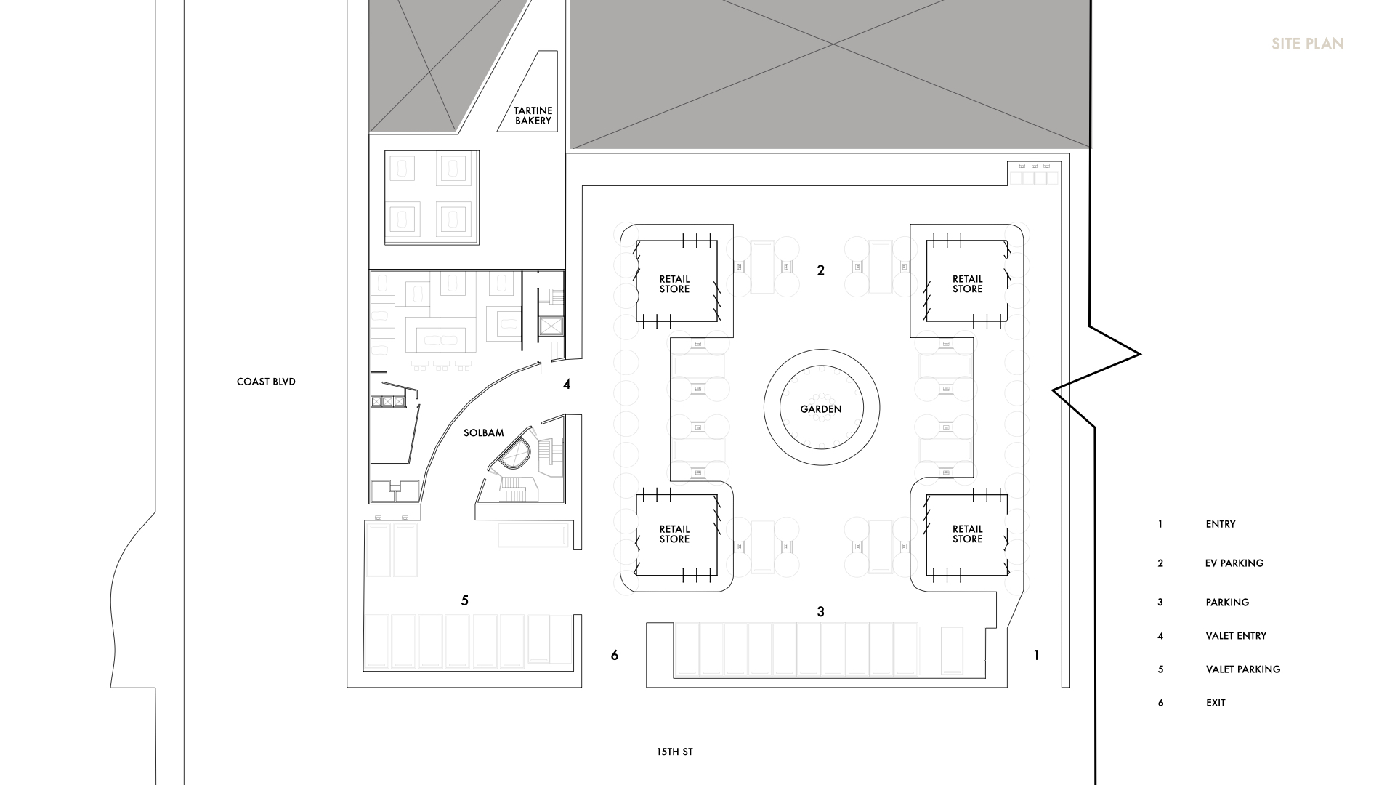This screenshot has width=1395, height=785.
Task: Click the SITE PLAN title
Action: [x=1307, y=44]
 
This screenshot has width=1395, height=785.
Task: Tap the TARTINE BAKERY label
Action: [x=533, y=116]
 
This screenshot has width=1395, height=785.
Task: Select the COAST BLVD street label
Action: [x=266, y=382]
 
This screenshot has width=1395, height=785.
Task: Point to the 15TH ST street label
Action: [x=674, y=752]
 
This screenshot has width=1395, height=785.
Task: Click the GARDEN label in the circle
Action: [x=821, y=409]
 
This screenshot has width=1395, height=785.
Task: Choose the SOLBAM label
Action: [x=483, y=433]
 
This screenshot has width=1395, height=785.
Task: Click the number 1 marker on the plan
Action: [x=1036, y=656]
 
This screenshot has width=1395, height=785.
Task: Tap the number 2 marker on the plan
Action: [x=821, y=270]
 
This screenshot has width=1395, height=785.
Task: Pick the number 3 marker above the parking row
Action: [x=821, y=612]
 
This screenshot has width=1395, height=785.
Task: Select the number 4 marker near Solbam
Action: [x=567, y=385]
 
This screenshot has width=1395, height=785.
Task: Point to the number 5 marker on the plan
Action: [x=465, y=600]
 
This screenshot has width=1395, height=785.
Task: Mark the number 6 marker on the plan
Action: [x=615, y=656]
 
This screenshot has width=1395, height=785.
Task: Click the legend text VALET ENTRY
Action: [x=1236, y=636]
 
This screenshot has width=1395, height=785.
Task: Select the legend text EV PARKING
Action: [x=1234, y=563]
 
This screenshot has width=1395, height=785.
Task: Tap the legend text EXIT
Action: [x=1216, y=703]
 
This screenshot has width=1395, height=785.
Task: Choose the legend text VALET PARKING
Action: [x=1243, y=669]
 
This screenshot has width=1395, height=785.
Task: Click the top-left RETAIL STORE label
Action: [x=674, y=284]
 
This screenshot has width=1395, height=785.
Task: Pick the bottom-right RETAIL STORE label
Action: [x=967, y=534]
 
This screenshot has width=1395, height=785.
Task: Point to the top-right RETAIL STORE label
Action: [x=967, y=284]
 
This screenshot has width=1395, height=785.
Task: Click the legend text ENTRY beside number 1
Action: [x=1221, y=524]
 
